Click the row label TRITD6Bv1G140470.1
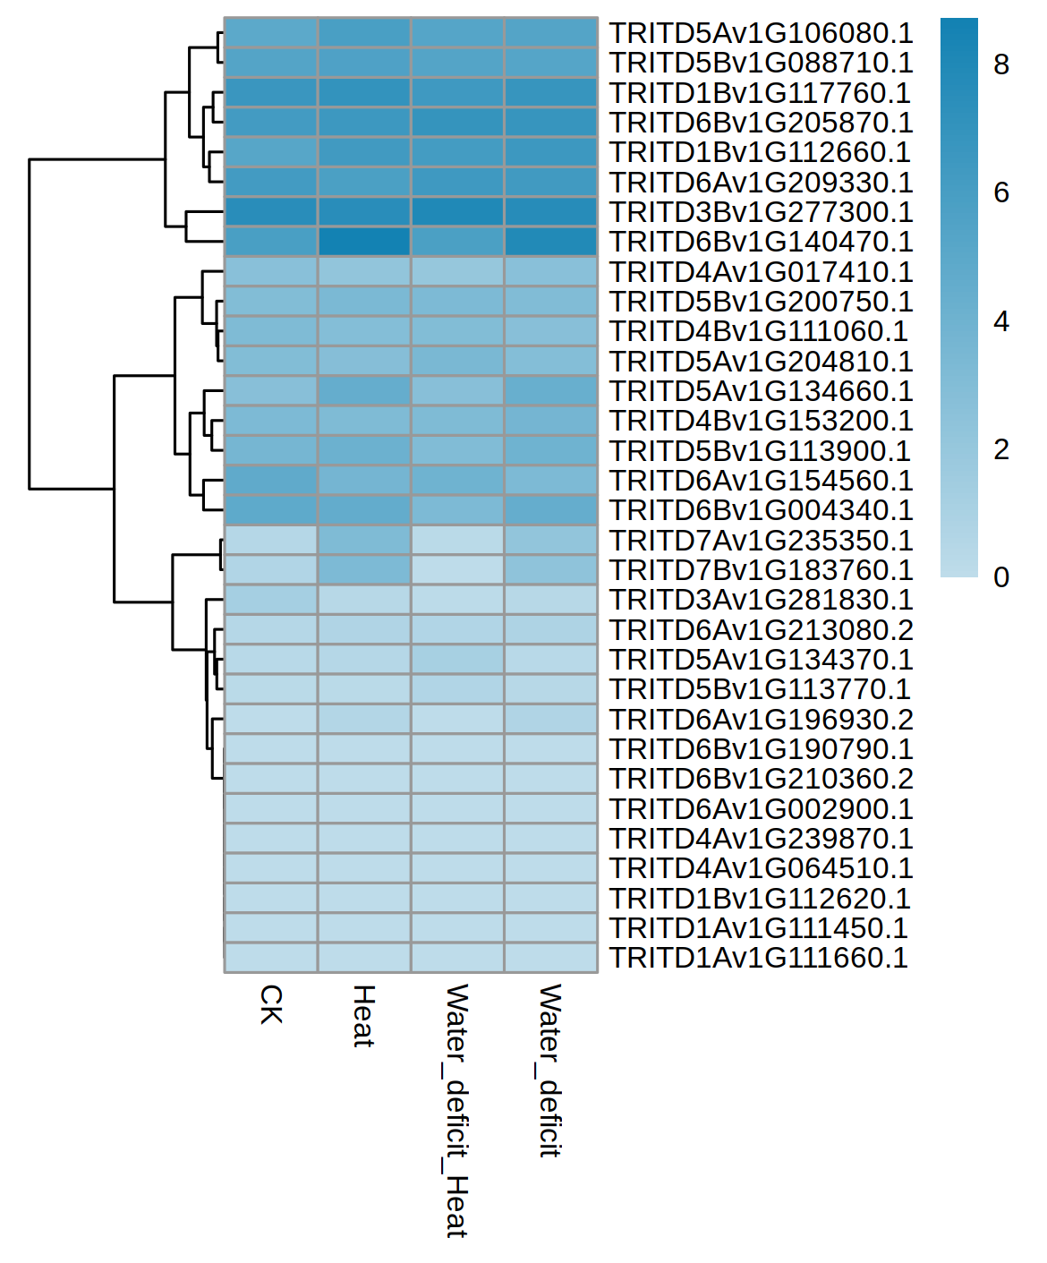pyautogui.click(x=761, y=242)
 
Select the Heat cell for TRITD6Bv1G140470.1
pyautogui.click(x=364, y=242)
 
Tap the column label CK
pyautogui.click(x=271, y=1004)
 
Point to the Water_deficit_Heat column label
pyautogui.click(x=457, y=1110)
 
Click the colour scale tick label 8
pyautogui.click(x=1001, y=64)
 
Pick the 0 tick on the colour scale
pyautogui.click(x=1001, y=577)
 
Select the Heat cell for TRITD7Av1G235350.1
pyautogui.click(x=364, y=541)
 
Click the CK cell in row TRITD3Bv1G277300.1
pyautogui.click(x=271, y=212)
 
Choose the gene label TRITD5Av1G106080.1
pyautogui.click(x=761, y=33)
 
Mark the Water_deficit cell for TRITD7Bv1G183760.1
pyautogui.click(x=550, y=570)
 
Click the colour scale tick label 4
pyautogui.click(x=1001, y=321)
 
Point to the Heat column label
pyautogui.click(x=363, y=1016)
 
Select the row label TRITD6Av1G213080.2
pyautogui.click(x=761, y=630)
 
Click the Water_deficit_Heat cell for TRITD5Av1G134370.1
pyautogui.click(x=457, y=660)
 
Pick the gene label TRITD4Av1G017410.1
pyautogui.click(x=761, y=272)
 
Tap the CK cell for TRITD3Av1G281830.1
pyautogui.click(x=271, y=600)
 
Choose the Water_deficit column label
pyautogui.click(x=550, y=1071)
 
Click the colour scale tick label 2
pyautogui.click(x=1001, y=449)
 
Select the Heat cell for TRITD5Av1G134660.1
pyautogui.click(x=364, y=391)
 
